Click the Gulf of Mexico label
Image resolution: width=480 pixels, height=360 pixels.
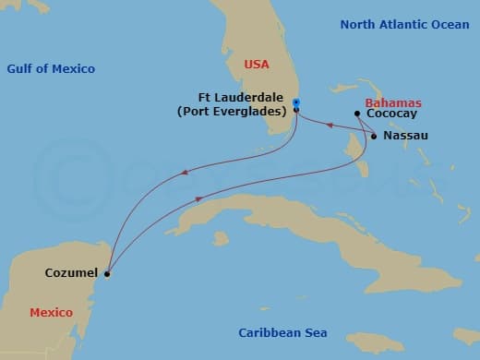pyautogui.click(x=51, y=69)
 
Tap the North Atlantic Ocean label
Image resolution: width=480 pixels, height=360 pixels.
pyautogui.click(x=404, y=24)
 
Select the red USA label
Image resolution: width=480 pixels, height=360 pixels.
pyautogui.click(x=256, y=65)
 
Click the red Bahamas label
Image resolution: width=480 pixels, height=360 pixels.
pyautogui.click(x=393, y=102)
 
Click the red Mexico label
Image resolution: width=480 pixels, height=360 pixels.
pyautogui.click(x=51, y=313)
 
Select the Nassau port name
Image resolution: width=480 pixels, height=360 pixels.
pyautogui.click(x=406, y=136)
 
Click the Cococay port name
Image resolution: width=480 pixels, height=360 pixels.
pyautogui.click(x=391, y=114)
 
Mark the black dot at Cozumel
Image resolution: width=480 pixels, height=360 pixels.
pyautogui.click(x=107, y=273)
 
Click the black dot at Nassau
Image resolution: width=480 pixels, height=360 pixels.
pyautogui.click(x=374, y=137)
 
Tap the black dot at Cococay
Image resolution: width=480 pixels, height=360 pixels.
pyautogui.click(x=357, y=114)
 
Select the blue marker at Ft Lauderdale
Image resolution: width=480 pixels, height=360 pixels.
pyautogui.click(x=295, y=102)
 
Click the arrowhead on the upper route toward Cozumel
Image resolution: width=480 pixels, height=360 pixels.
pyautogui.click(x=185, y=171)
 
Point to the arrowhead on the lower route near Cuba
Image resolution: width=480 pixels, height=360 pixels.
pyautogui.click(x=198, y=198)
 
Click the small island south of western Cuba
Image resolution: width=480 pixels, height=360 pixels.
pyautogui.click(x=221, y=238)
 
